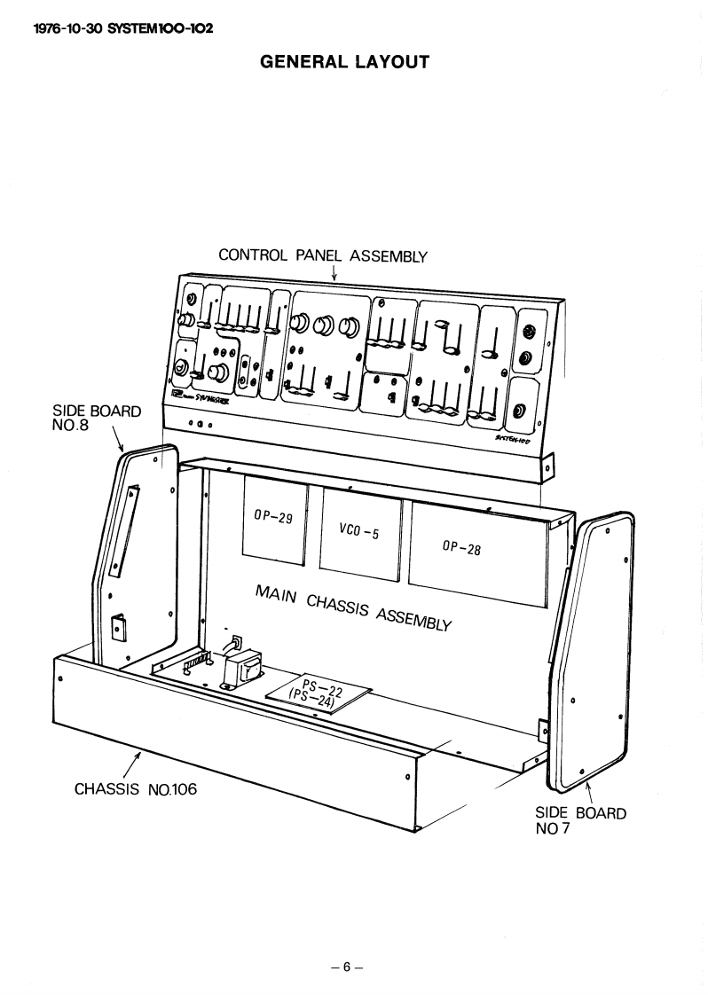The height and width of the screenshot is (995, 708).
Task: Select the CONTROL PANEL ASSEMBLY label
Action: [x=323, y=256]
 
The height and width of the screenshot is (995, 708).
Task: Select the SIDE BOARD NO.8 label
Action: [x=97, y=419]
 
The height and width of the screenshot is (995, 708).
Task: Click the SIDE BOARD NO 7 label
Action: [x=580, y=821]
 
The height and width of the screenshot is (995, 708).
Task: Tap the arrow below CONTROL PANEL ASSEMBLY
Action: [x=334, y=274]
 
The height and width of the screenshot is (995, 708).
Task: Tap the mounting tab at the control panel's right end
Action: [x=547, y=466]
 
